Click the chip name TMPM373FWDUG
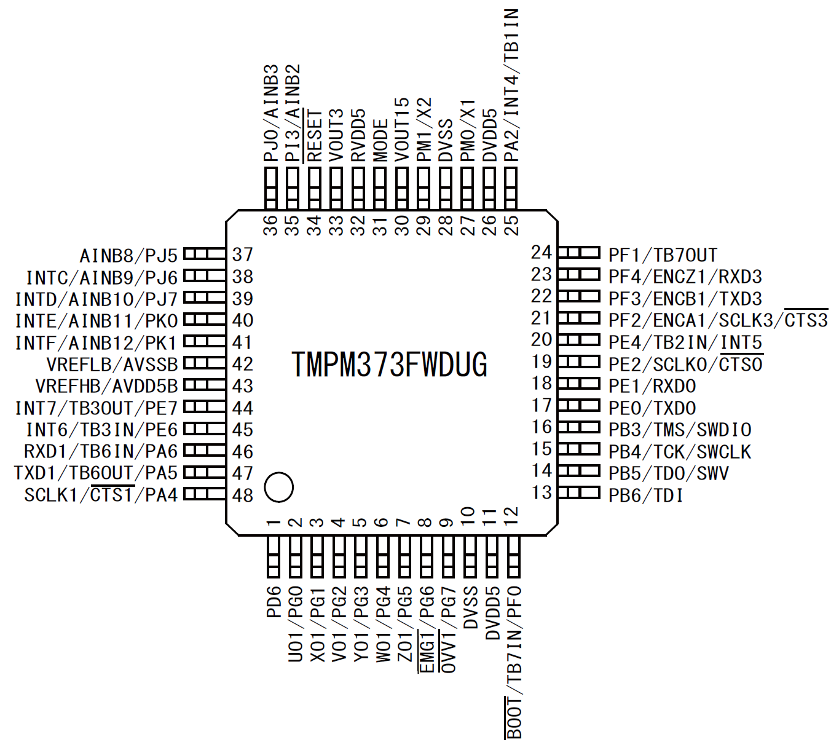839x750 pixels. [390, 365]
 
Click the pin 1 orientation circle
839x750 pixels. [278, 487]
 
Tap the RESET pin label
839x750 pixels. [315, 136]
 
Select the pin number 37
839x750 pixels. [243, 255]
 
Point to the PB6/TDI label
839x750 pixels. [645, 495]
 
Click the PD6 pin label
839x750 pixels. [274, 602]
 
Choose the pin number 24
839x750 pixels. [542, 252]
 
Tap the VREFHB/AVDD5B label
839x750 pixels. [106, 387]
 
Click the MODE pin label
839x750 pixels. [380, 140]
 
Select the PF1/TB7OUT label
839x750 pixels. [663, 255]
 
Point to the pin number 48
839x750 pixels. [243, 495]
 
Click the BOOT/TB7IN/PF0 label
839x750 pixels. [514, 662]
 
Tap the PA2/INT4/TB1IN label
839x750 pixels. [511, 85]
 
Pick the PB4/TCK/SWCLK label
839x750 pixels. [679, 452]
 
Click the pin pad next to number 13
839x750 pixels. [579, 492]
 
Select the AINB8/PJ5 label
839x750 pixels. [128, 255]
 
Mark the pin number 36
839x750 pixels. [271, 226]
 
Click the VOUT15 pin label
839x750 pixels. [402, 130]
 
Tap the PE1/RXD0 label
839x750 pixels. [652, 387]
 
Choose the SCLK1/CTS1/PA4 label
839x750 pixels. [101, 495]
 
